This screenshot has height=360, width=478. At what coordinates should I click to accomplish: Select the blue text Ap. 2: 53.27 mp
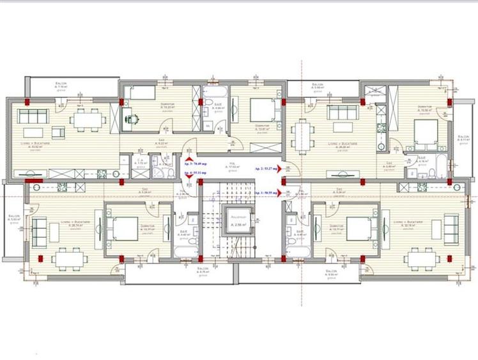(x=265, y=168)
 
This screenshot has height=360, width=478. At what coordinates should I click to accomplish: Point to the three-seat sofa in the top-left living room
(x=33, y=116)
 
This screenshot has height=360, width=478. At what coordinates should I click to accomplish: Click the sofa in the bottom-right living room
(x=451, y=228)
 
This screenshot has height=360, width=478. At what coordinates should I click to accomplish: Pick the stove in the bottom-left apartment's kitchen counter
(x=63, y=187)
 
